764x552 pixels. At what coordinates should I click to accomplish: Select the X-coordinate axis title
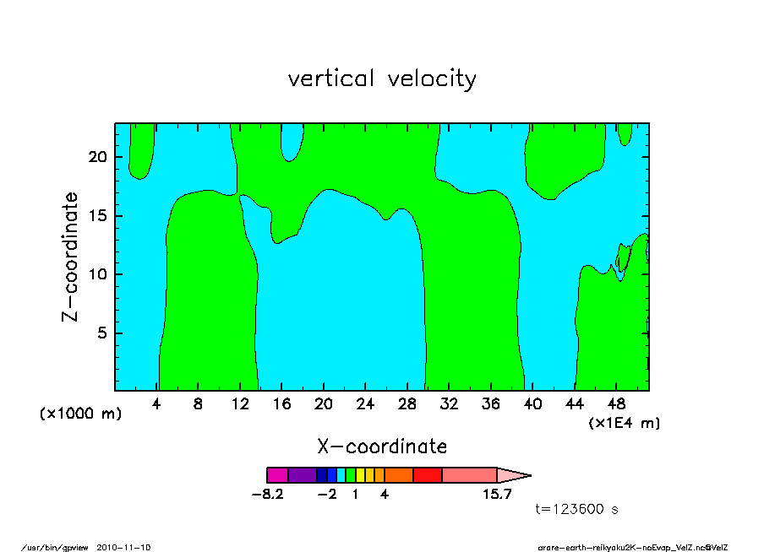point(382,446)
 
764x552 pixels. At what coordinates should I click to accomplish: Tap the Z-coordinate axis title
point(71,257)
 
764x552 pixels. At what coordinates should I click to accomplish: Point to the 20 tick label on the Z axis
point(98,157)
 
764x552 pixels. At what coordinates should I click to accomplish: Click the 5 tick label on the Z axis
point(103,333)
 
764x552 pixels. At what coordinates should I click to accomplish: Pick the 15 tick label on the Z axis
point(98,216)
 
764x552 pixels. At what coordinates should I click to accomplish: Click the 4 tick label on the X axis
point(156,404)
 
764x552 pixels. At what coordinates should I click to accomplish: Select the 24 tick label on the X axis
point(365,404)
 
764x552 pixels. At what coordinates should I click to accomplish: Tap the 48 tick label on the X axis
point(615,404)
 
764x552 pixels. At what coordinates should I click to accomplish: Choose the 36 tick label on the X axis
point(490,404)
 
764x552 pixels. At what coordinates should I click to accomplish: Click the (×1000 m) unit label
point(80,414)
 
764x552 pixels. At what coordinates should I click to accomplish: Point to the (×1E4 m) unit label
point(624,422)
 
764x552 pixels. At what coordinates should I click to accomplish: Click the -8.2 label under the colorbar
point(267,495)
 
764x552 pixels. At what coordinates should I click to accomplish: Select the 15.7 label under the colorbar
point(497,495)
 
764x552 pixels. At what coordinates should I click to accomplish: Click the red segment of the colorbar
point(428,475)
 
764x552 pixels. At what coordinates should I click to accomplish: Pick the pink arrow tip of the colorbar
point(512,475)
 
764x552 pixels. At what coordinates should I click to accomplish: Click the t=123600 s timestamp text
point(579,509)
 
